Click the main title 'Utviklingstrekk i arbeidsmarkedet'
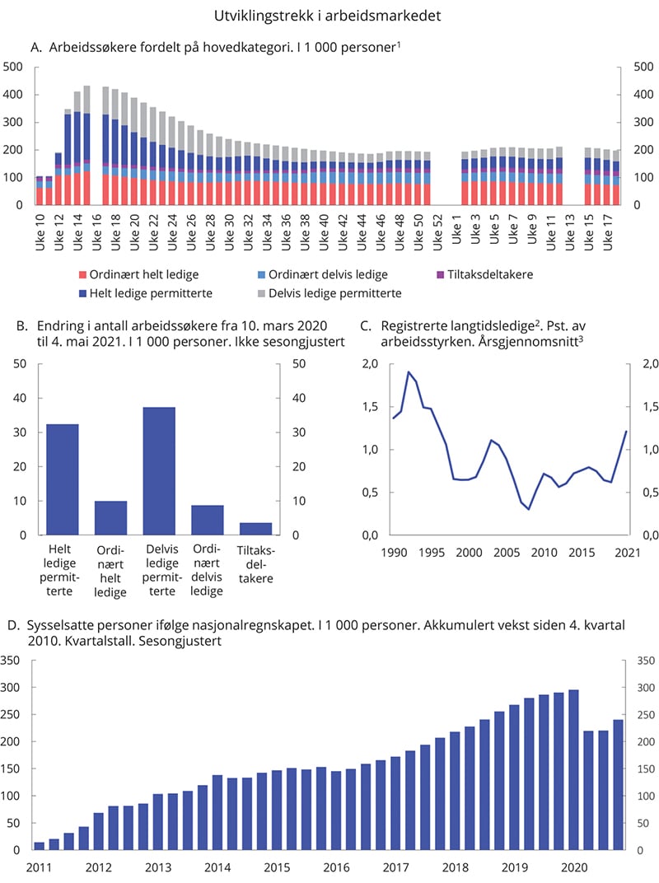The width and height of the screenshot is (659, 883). click(329, 15)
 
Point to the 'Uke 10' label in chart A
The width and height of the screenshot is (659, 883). click(40, 223)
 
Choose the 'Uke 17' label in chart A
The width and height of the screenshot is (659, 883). click(609, 223)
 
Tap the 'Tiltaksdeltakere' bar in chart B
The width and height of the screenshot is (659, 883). click(256, 529)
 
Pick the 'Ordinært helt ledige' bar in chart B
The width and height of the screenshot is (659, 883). click(110, 518)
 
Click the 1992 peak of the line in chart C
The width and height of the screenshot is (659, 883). click(408, 371)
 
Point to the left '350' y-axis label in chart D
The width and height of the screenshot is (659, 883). click(13, 661)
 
